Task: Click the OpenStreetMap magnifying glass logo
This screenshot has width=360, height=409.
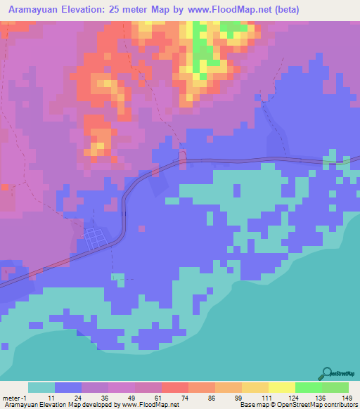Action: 326,373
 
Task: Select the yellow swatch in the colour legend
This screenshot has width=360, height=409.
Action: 281,387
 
